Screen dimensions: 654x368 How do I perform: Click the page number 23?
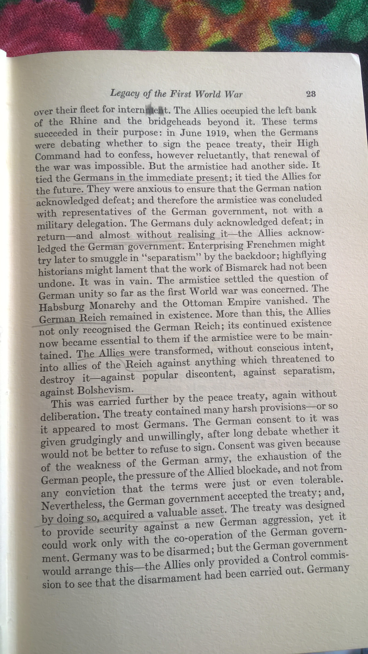(311, 94)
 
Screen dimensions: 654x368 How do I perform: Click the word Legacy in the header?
(124, 94)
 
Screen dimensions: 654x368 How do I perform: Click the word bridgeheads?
(175, 122)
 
